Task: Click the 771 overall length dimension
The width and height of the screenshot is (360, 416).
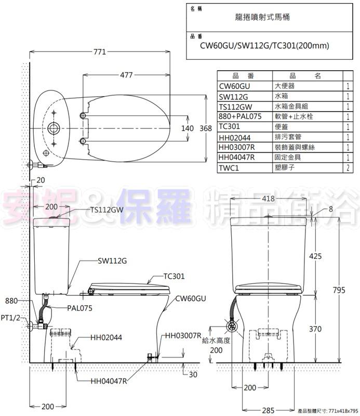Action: [x=100, y=51]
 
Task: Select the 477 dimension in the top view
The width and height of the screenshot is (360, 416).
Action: [x=126, y=75]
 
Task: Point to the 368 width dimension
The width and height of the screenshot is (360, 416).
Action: [x=206, y=128]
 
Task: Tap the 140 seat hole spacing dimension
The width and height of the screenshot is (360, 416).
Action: [x=188, y=128]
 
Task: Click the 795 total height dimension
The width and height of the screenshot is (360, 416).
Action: [x=339, y=290]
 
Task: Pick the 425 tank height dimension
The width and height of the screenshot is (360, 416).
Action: [x=315, y=256]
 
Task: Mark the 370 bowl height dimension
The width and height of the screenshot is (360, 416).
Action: [x=315, y=329]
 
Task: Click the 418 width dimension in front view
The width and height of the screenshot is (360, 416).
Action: [x=268, y=199]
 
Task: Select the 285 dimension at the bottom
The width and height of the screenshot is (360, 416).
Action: [x=268, y=410]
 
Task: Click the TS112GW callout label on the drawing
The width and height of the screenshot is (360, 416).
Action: [x=107, y=210]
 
